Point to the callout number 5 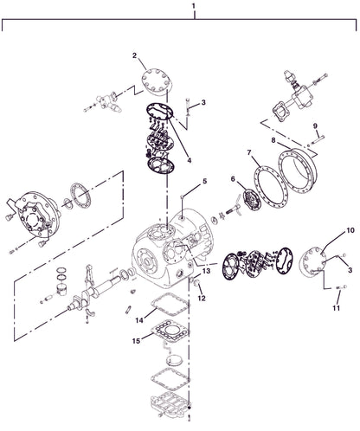205,181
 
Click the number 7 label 249,152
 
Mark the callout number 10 326,230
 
